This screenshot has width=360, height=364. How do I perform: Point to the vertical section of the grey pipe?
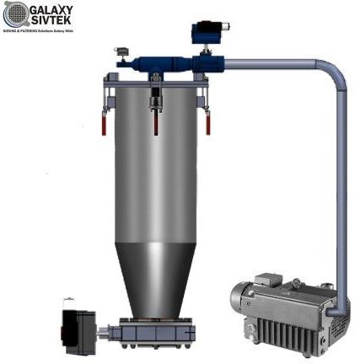click(x=338, y=185)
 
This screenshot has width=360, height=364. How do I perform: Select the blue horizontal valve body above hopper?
click(x=169, y=62)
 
